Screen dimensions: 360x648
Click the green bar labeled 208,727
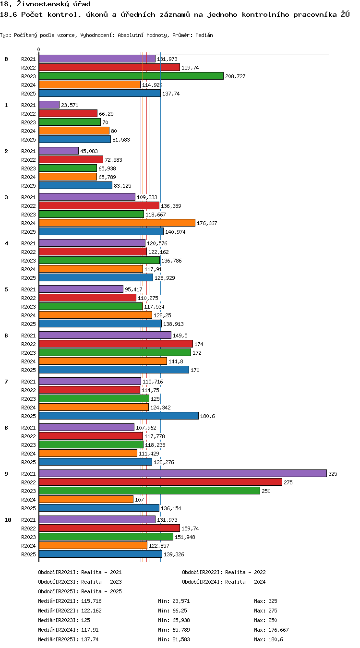coord(131,76)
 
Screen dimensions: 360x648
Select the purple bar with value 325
coord(182,473)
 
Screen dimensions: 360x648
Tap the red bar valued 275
coord(160,482)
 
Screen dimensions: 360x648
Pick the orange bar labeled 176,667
coord(117,223)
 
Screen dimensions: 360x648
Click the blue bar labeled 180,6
coord(119,416)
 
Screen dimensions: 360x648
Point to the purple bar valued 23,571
coord(49,105)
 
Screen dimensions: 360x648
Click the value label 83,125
coord(122,186)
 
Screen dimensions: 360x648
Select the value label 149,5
coord(180,336)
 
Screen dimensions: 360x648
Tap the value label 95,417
coord(133,289)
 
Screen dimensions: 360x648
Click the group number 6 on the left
coord(6,336)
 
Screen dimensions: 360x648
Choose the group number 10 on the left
coord(8,520)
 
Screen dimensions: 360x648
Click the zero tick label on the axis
coord(38,50)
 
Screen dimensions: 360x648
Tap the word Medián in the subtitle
coord(204,36)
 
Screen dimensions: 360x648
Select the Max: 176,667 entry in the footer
coord(272,630)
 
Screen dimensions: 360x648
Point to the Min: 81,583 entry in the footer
coord(174,639)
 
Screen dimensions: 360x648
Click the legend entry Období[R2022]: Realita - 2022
coord(224,572)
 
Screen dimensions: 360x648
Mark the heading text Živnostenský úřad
coord(54,4)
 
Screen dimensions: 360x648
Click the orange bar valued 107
coord(86,499)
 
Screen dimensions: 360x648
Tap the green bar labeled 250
coord(149,491)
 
